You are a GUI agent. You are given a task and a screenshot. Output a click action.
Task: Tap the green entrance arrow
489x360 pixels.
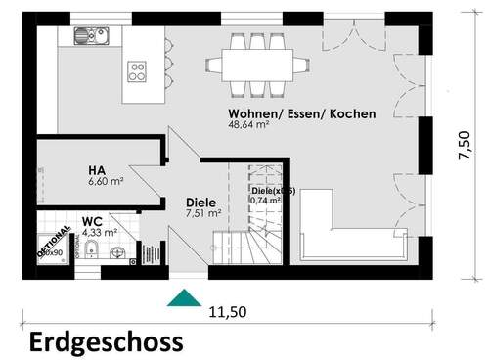coord(182,298)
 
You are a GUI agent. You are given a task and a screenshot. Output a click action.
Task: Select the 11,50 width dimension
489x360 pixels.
coord(227,313)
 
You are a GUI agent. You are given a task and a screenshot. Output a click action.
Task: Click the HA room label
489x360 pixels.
coord(97,168)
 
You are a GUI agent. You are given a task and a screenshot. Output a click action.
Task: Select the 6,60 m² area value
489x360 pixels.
coord(106,182)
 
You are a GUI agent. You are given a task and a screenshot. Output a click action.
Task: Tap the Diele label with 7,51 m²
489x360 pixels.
coord(200,202)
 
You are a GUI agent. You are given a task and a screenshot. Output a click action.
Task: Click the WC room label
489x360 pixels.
coord(92,222)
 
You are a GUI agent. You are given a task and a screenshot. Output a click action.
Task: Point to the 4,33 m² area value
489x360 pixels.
coord(100,234)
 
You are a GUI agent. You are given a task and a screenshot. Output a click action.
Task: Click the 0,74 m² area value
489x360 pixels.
coord(265,201)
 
